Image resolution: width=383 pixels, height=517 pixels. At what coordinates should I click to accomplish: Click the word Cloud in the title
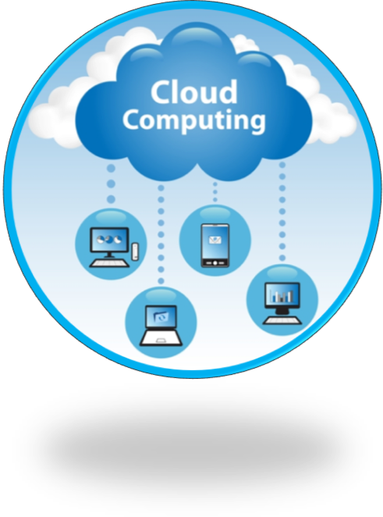[194, 92]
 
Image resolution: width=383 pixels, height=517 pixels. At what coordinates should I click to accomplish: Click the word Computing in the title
[194, 121]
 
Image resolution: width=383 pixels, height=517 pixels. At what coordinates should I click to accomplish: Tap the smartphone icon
[215, 245]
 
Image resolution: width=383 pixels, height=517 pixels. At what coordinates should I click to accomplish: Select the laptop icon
[161, 326]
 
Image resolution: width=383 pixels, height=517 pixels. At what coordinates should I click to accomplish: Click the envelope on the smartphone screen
[215, 240]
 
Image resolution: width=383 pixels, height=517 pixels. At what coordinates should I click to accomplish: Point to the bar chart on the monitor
[282, 296]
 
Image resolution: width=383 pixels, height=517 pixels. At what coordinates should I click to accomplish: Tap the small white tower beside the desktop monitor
[134, 252]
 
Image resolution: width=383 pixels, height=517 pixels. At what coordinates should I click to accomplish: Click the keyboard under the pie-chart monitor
[109, 263]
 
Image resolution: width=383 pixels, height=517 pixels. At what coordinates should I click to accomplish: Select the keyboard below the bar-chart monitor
[282, 320]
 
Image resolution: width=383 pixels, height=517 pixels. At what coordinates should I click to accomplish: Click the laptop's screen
[161, 317]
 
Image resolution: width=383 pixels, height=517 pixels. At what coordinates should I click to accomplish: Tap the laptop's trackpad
[161, 340]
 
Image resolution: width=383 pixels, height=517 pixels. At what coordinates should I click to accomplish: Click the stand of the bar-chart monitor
[282, 312]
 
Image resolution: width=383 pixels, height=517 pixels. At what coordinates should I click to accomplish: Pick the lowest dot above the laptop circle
[161, 281]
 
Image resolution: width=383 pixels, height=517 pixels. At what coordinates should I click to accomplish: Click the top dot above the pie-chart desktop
[111, 169]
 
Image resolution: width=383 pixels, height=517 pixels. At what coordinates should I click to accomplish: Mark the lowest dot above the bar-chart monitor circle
[282, 258]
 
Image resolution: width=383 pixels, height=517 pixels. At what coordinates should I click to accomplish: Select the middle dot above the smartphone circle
[215, 192]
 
